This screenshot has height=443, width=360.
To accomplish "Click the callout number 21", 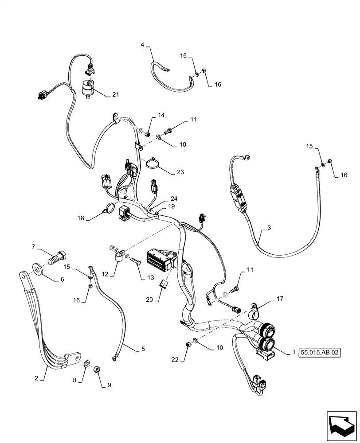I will tap(115, 94).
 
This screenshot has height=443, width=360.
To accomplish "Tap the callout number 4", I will tap(143, 45).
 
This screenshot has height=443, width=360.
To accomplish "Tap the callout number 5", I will tap(143, 349).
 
